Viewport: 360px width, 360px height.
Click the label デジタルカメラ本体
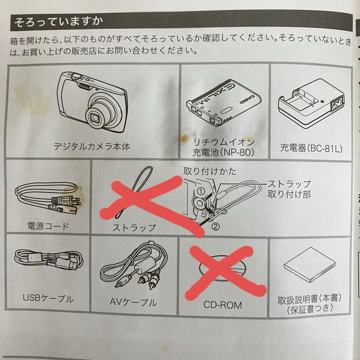(x=92, y=146)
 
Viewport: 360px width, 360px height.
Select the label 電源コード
(x=48, y=227)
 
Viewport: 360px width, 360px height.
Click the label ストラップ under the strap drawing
(x=134, y=228)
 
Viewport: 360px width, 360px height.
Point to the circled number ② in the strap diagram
(x=216, y=227)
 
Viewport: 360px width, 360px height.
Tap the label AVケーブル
(x=133, y=302)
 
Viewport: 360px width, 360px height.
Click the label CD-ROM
(x=223, y=305)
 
